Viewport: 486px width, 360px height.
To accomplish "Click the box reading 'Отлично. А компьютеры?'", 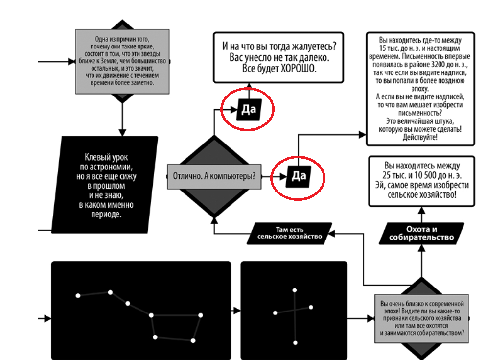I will (214, 176).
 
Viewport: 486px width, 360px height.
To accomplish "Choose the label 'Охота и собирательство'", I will (421, 234).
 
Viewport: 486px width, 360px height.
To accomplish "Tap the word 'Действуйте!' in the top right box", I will (420, 137).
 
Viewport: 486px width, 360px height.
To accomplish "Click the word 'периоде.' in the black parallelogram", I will (106, 215).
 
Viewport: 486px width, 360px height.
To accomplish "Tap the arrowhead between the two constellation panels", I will (237, 311).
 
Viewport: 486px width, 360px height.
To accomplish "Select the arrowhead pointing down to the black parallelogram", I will (123, 132).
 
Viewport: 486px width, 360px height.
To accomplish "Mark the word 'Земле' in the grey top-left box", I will (113, 61).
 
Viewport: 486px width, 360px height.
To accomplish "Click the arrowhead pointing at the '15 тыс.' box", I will (362, 134).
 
